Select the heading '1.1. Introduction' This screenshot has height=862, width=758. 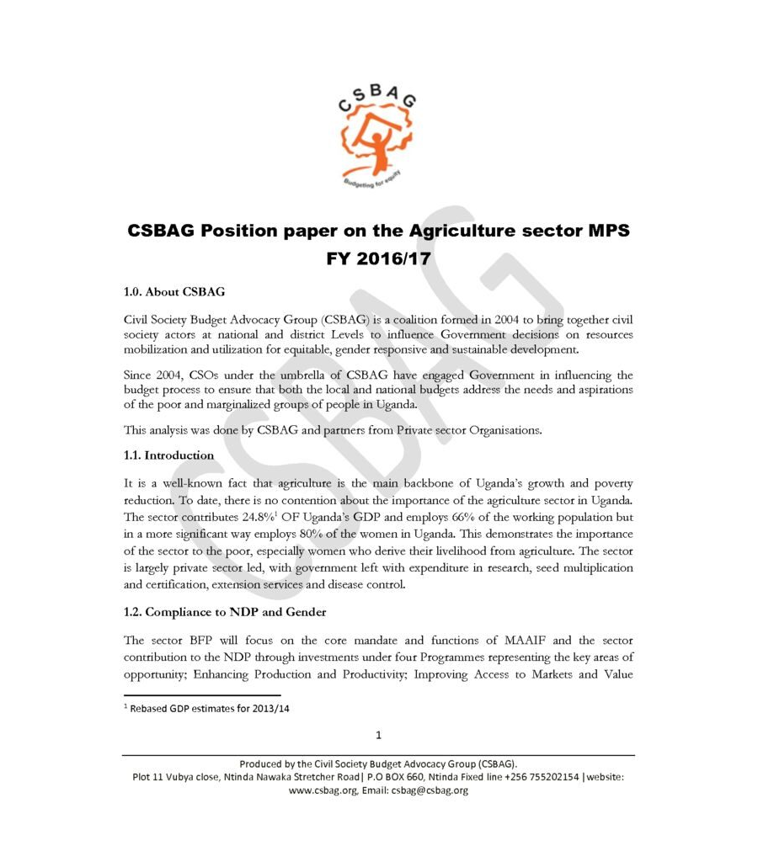click(168, 455)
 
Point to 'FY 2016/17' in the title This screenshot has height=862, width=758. click(378, 258)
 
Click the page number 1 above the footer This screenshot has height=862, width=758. click(379, 735)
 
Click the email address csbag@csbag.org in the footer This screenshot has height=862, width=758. click(430, 790)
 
